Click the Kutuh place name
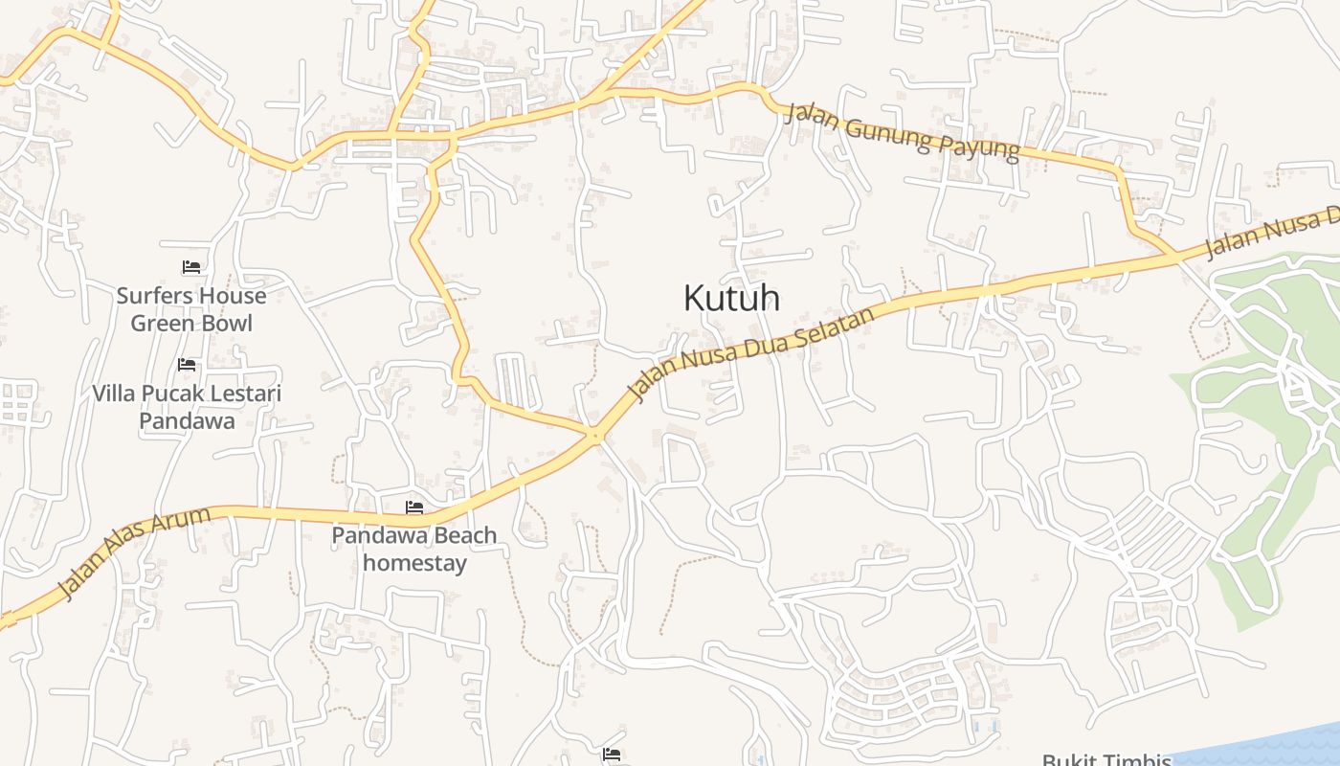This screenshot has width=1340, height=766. (x=731, y=298)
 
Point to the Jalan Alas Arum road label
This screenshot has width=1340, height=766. (x=134, y=554)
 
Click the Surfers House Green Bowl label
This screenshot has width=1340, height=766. (x=191, y=309)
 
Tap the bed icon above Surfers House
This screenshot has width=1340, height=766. (x=191, y=267)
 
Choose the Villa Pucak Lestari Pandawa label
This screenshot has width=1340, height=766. (x=187, y=407)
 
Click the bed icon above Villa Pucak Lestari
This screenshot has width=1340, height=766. (x=187, y=365)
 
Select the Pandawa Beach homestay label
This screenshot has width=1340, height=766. (x=414, y=549)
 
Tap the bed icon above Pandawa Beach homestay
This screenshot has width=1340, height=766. (x=414, y=507)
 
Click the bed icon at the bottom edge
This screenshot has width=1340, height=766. (x=613, y=755)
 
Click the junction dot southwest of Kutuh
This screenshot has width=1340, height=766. (x=596, y=437)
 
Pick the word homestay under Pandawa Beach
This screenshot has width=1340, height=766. (x=414, y=562)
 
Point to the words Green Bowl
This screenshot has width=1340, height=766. (x=191, y=324)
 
